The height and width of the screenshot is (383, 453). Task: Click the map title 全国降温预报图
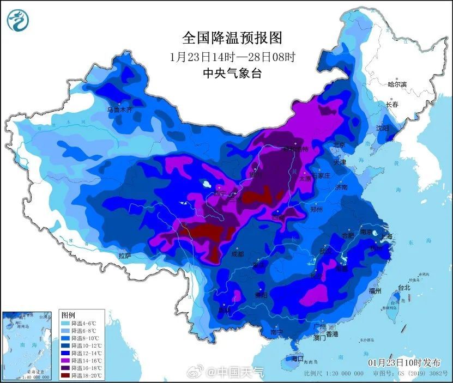[x=233, y=38]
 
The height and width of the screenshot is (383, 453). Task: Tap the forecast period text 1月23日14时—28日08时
[x=233, y=56]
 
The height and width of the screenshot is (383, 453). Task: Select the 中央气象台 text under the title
[x=232, y=72]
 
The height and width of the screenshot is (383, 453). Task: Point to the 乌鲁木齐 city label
[x=119, y=109]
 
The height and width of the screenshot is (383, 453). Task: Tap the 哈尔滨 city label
[x=397, y=84]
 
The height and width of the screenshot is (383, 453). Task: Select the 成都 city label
[x=238, y=253]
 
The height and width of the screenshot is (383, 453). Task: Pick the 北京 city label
[x=339, y=145]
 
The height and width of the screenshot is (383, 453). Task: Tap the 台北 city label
[x=404, y=287]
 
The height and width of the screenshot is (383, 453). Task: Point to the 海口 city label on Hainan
[x=297, y=359]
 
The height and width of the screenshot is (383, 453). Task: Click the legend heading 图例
[x=68, y=315]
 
